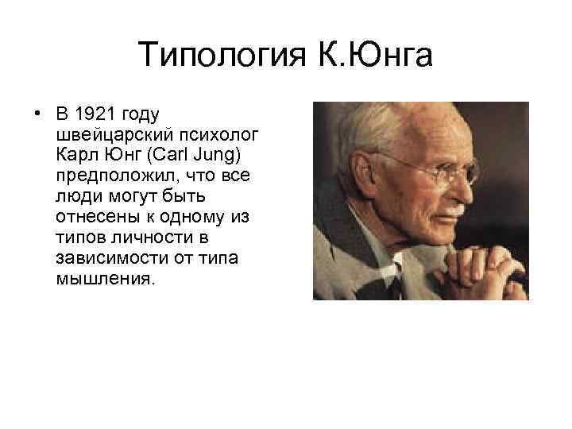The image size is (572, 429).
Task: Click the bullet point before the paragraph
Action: (37, 112)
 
